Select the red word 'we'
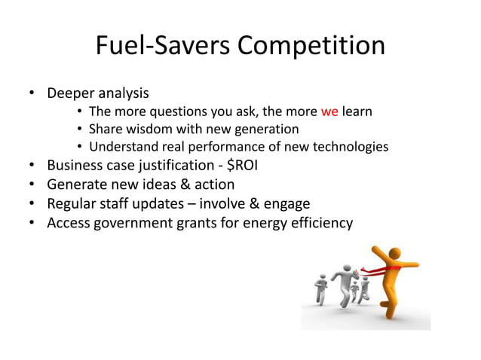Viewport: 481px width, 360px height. coord(329,112)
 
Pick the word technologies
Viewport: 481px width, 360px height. coord(350,145)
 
